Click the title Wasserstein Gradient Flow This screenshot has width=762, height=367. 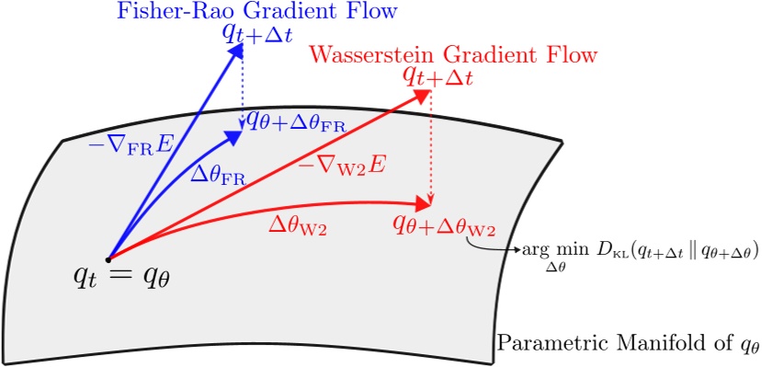pos(454,54)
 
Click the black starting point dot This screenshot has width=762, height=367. pos(109,258)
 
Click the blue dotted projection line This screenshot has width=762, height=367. pos(241,87)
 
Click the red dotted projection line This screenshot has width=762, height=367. pos(430,147)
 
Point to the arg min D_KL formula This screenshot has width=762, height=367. pos(639,252)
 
